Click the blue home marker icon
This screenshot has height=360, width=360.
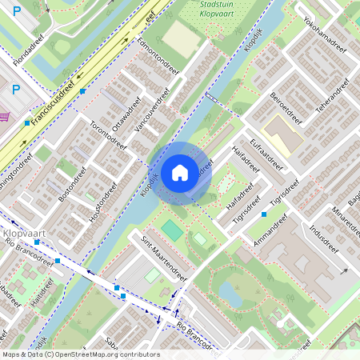click(x=180, y=172)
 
